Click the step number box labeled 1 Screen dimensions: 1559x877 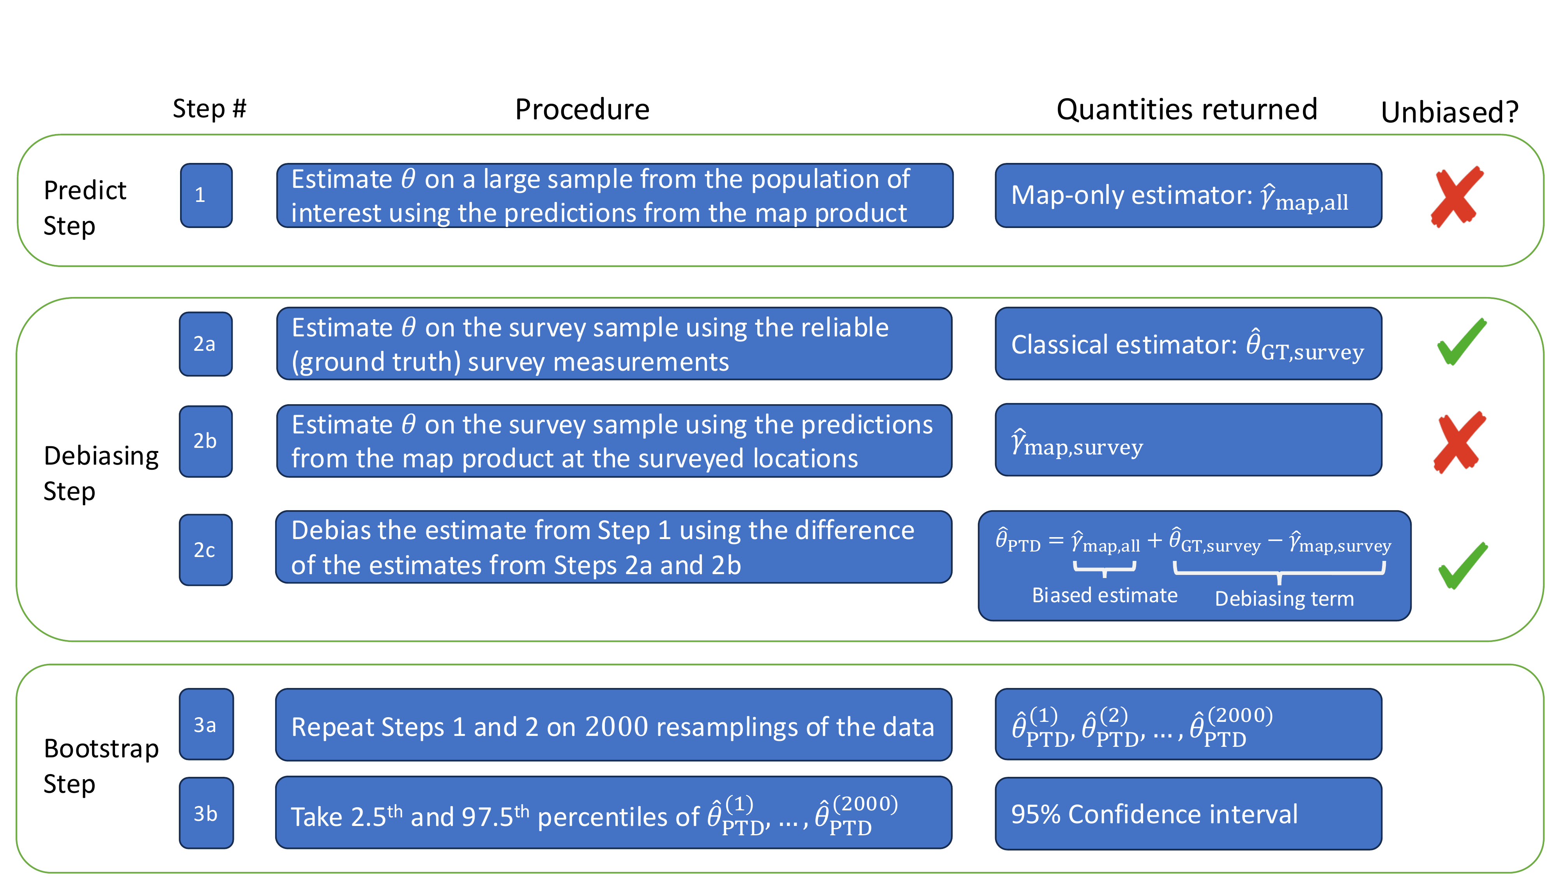tap(207, 196)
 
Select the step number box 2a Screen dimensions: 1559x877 tap(206, 344)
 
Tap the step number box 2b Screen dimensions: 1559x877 tap(206, 441)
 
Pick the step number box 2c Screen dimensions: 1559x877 tap(206, 550)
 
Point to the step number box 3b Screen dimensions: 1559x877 tap(207, 813)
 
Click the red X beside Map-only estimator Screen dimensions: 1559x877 tap(1457, 197)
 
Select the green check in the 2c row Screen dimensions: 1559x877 tap(1463, 565)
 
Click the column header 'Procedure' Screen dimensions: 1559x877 tap(582, 110)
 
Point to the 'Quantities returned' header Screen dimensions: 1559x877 tap(1187, 110)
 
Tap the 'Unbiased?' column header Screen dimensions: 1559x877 tap(1450, 112)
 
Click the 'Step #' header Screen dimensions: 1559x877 tap(209, 109)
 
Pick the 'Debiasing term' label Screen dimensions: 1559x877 tap(1284, 599)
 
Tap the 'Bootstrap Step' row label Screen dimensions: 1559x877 tap(101, 766)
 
